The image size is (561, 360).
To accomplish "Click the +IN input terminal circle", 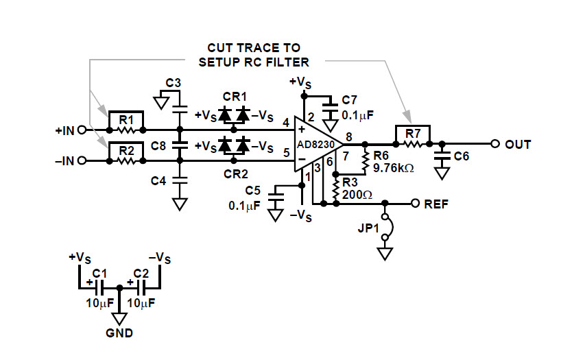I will pyautogui.click(x=82, y=130).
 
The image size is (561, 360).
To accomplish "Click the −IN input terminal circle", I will pyautogui.click(x=82, y=161).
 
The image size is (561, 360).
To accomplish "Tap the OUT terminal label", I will pyautogui.click(x=518, y=145).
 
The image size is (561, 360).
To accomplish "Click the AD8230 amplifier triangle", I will pyautogui.click(x=316, y=145).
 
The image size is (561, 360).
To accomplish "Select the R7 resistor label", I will pyautogui.click(x=411, y=132).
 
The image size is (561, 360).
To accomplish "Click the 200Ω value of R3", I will pyautogui.click(x=358, y=194).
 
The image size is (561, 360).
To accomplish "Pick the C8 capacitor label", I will pyautogui.click(x=158, y=145).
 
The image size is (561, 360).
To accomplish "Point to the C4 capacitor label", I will pyautogui.click(x=158, y=181).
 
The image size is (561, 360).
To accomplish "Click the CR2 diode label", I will pyautogui.click(x=234, y=174).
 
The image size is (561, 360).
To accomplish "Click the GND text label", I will pyautogui.click(x=119, y=334).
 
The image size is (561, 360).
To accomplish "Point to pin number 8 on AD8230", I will pyautogui.click(x=349, y=137).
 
